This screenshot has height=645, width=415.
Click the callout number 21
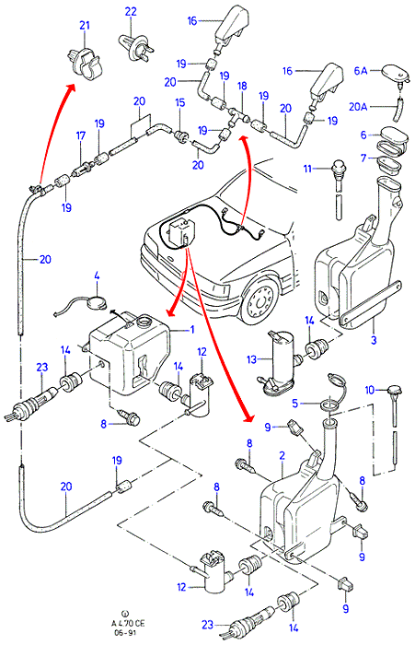(85, 25)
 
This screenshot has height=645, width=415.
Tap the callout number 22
(131, 11)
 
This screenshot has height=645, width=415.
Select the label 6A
(361, 71)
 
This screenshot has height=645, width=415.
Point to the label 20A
(358, 107)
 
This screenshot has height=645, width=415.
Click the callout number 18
(242, 86)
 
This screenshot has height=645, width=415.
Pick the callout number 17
(81, 135)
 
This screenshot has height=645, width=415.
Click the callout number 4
(97, 276)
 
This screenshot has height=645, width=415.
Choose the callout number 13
(251, 359)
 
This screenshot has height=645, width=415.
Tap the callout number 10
(370, 390)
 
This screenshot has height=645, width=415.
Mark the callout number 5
(294, 404)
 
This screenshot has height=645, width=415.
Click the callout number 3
(374, 341)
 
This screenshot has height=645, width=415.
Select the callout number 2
(282, 455)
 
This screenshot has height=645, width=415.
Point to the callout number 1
(191, 330)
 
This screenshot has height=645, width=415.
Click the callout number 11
(307, 169)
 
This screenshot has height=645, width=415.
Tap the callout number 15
(180, 102)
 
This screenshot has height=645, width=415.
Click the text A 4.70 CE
(128, 624)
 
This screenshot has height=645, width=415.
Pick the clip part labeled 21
(85, 64)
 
